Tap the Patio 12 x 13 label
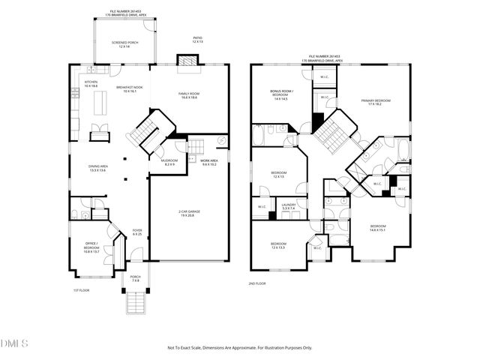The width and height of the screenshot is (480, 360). (198, 40)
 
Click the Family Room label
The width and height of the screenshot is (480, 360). (188, 95)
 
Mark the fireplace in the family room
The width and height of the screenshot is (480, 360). (185, 60)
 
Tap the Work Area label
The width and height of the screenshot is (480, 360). (208, 162)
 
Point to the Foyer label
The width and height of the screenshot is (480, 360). (137, 232)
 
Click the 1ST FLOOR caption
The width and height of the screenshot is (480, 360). (81, 289)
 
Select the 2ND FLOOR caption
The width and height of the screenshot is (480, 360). (257, 283)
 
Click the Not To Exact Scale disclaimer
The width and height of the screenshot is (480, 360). (239, 348)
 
